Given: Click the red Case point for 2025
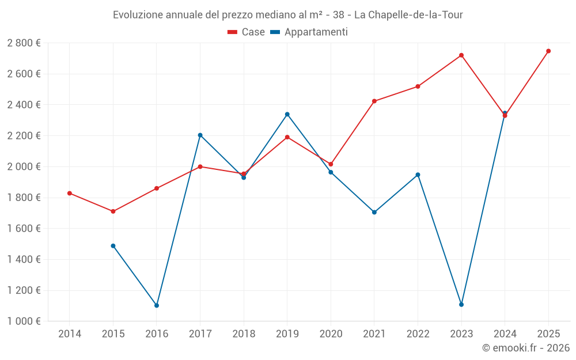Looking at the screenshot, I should [x=548, y=51].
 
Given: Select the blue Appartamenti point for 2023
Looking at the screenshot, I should [x=461, y=304].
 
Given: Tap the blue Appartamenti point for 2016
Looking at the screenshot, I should [x=157, y=305].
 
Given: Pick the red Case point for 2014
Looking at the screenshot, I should [x=70, y=193].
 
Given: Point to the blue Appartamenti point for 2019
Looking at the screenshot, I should [x=287, y=114].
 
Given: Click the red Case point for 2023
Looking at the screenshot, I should [x=461, y=55].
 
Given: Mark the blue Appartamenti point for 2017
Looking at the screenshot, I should [x=200, y=135].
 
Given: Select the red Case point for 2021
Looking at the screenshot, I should [x=374, y=101].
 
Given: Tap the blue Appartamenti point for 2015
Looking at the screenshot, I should [x=113, y=246].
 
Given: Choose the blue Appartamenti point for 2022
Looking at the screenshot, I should [x=418, y=175].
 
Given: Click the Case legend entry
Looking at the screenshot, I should [x=247, y=32].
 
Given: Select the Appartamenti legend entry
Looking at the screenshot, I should [x=309, y=32].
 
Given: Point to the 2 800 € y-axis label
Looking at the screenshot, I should [x=24, y=43].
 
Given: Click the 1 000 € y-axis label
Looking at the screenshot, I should [x=24, y=321].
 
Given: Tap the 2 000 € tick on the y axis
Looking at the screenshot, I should [x=24, y=166].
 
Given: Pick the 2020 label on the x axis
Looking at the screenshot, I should [x=331, y=334].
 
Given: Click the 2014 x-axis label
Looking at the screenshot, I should [x=70, y=334].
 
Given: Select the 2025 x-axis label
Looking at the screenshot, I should [x=548, y=334].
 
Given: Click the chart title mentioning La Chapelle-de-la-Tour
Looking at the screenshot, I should [x=288, y=14].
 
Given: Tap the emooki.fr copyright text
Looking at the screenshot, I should [x=526, y=348].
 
